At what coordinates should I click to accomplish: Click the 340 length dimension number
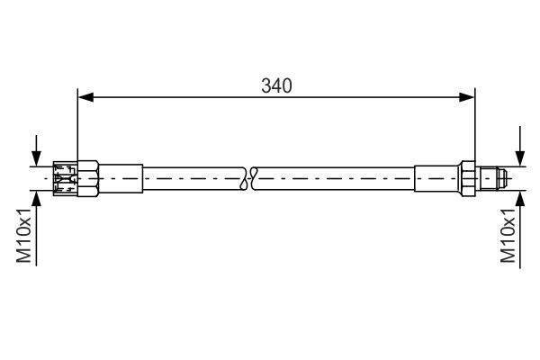[x=276, y=85]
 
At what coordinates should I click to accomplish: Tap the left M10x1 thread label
[x=24, y=235]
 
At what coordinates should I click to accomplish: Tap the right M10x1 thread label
[x=508, y=236]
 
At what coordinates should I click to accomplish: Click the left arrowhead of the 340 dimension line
[x=86, y=97]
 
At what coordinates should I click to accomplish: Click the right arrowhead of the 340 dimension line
[x=466, y=97]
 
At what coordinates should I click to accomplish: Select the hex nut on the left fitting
[x=88, y=178]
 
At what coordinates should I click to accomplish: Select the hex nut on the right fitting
[x=468, y=178]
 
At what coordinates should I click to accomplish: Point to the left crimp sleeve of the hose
[x=121, y=178]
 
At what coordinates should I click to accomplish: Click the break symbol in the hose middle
[x=249, y=178]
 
